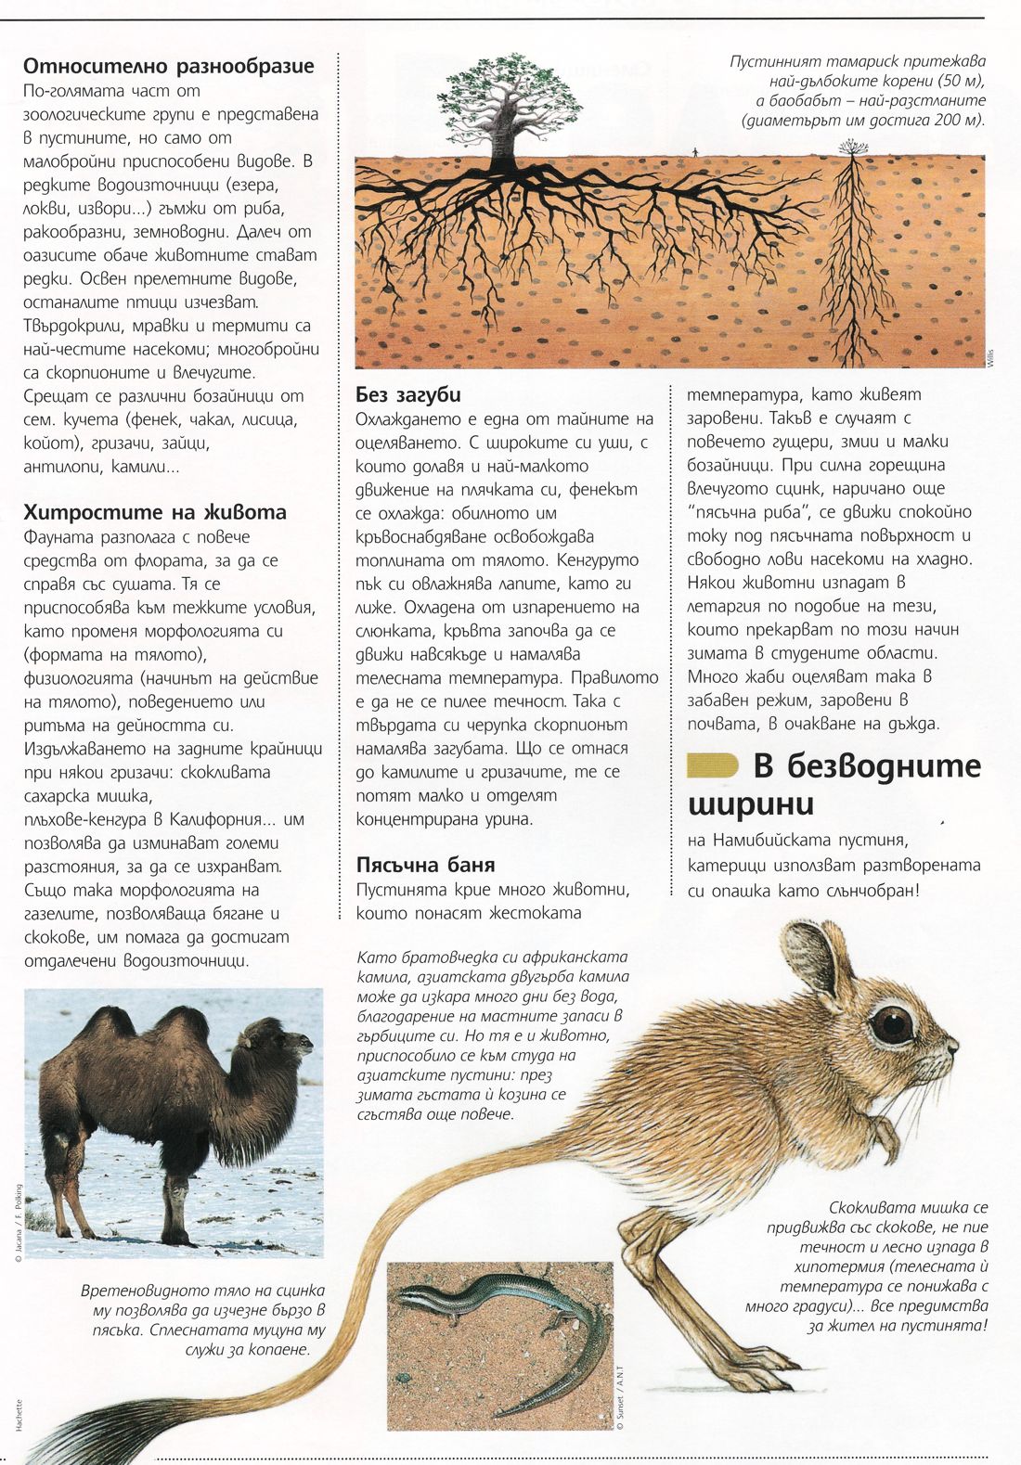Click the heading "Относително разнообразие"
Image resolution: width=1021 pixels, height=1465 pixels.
pyautogui.click(x=168, y=66)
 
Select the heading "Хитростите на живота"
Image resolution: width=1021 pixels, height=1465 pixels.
pyautogui.click(x=155, y=512)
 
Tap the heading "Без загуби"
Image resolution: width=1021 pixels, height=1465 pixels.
pyautogui.click(x=408, y=394)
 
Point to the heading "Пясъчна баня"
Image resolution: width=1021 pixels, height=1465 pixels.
pyautogui.click(x=426, y=865)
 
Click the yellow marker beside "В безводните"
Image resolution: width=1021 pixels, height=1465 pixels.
pyautogui.click(x=712, y=765)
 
